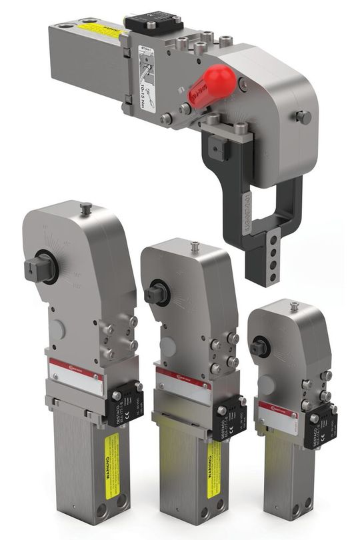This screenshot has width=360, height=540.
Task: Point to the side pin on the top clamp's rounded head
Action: pyautogui.click(x=304, y=117)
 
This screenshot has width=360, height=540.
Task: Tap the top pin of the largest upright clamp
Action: pyautogui.click(x=86, y=209)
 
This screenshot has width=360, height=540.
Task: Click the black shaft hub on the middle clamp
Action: pyautogui.click(x=157, y=293)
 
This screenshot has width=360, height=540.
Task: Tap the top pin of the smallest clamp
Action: pyautogui.click(x=294, y=306)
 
